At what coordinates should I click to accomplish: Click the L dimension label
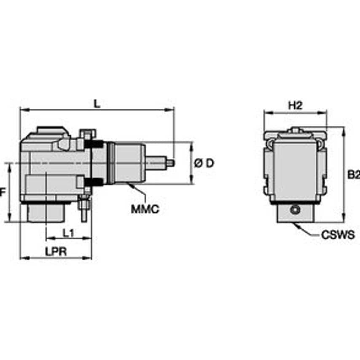(97, 104)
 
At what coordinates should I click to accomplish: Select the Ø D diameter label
(204, 163)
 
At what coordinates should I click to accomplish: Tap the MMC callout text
(145, 209)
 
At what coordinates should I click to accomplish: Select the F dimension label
(3, 192)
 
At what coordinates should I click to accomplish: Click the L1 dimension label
(68, 232)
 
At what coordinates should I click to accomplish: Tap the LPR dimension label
(56, 251)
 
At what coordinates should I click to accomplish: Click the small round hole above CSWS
(296, 210)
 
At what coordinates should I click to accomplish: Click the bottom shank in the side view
(295, 214)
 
